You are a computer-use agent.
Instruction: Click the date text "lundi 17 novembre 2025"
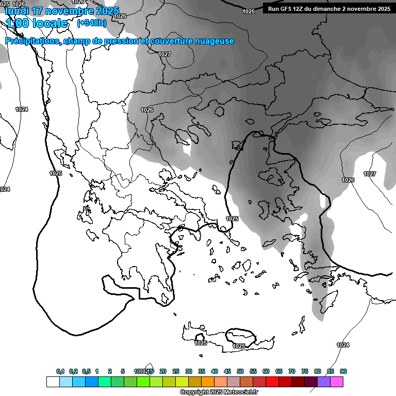tap(62, 11)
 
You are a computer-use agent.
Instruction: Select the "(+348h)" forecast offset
tap(92, 23)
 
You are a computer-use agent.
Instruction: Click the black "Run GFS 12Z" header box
tap(328, 8)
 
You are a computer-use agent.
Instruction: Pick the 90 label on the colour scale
tap(343, 371)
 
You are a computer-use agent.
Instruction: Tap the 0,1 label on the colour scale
tap(60, 371)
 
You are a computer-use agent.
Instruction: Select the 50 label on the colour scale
tap(240, 371)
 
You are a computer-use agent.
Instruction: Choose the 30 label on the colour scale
tap(189, 371)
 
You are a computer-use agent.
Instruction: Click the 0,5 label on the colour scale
tap(86, 371)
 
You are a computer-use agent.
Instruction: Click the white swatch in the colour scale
tap(53, 382)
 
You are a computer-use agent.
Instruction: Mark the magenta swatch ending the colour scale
tap(337, 382)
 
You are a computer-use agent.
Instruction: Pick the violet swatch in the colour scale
tap(324, 382)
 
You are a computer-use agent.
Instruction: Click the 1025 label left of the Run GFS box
tap(249, 11)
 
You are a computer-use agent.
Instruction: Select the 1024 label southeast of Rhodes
tap(342, 345)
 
